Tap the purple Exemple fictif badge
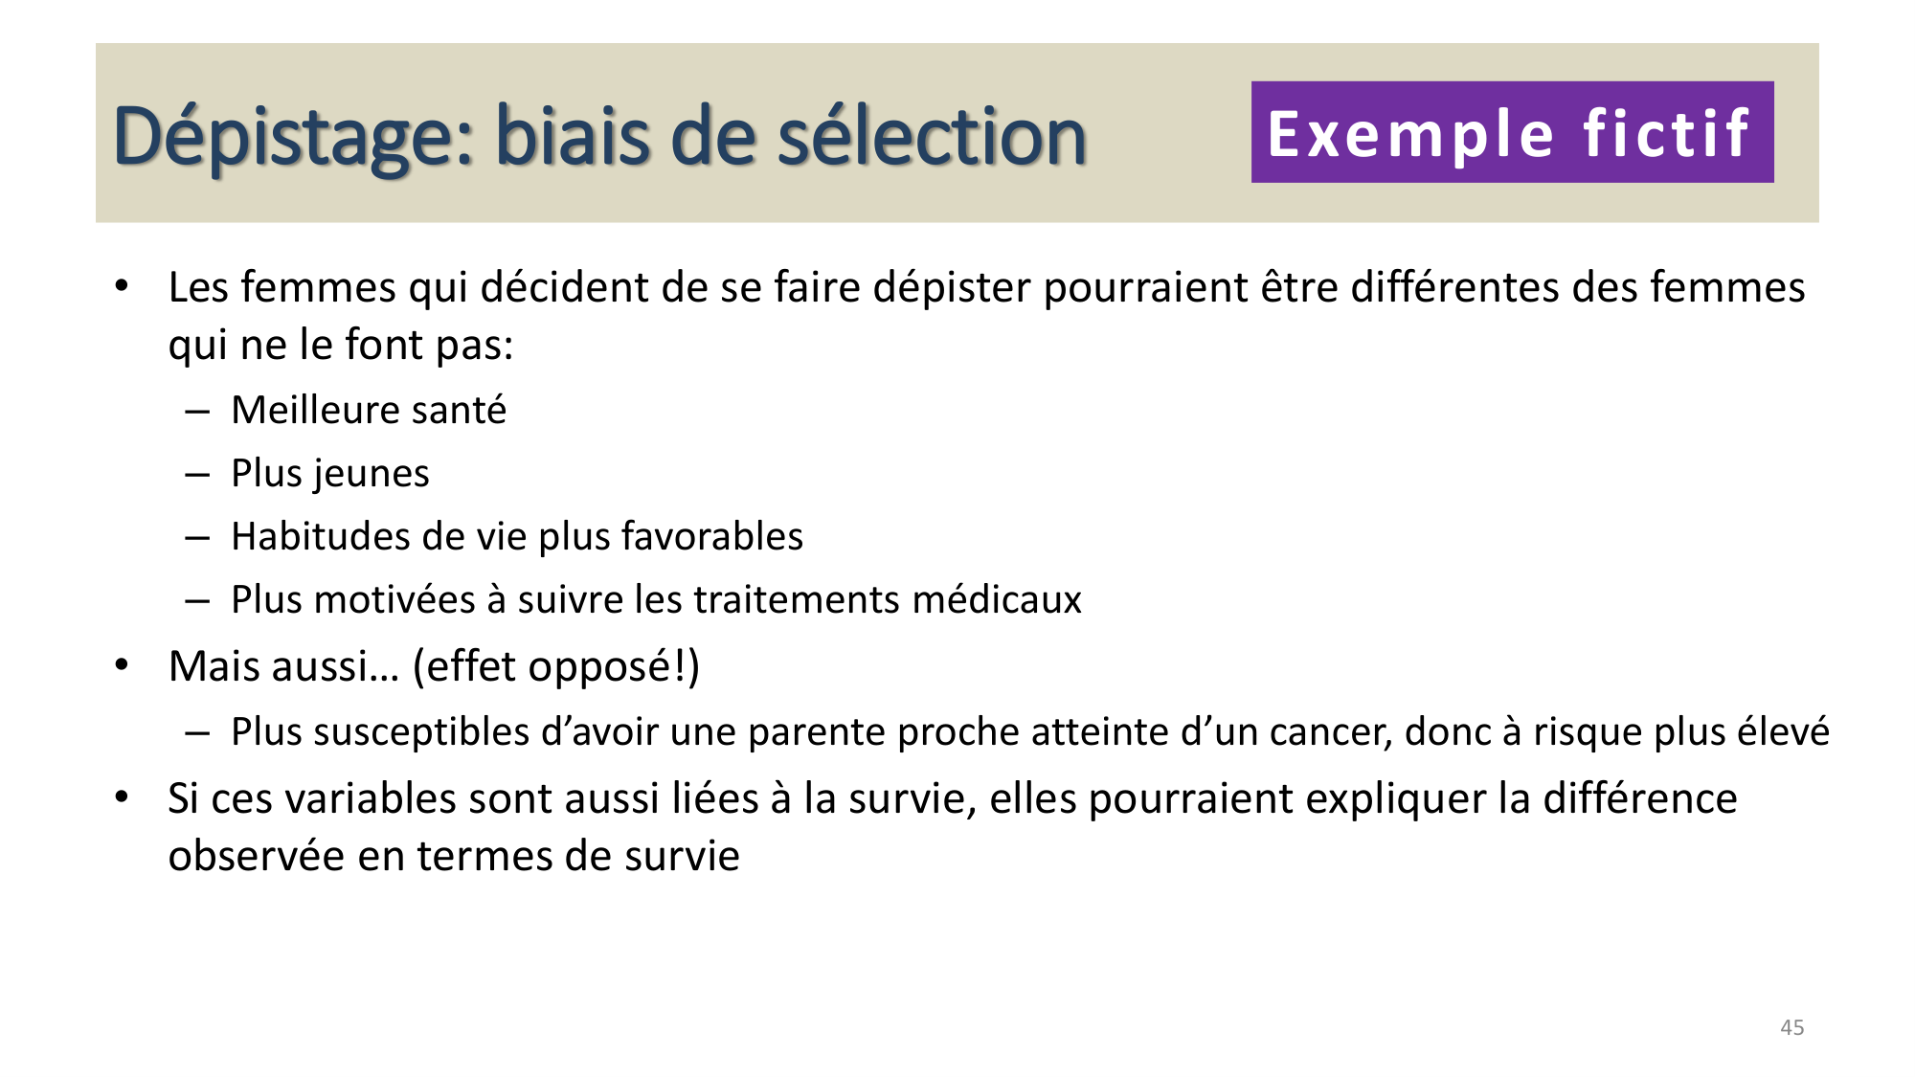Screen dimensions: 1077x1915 1512,132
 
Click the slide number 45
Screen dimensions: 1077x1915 1791,1027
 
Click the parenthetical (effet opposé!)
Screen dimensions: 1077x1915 556,666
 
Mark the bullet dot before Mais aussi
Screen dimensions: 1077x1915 122,664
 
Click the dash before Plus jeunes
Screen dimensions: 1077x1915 197,474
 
